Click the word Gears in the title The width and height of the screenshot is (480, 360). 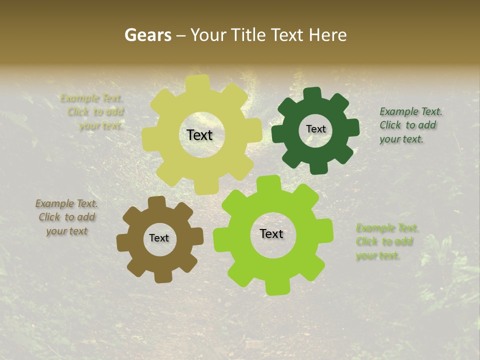coord(147,35)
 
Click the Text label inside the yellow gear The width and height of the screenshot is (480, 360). coord(199,135)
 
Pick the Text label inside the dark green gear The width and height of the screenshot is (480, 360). coord(315,129)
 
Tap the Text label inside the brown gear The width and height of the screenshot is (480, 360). coord(159,238)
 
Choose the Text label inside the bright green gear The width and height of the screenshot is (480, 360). coord(271,233)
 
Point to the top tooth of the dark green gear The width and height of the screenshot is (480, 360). coord(313,93)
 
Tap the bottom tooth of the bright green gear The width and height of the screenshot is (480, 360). coord(276,287)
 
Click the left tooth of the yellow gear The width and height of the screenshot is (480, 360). coord(149,137)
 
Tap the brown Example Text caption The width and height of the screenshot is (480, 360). coord(66,217)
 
